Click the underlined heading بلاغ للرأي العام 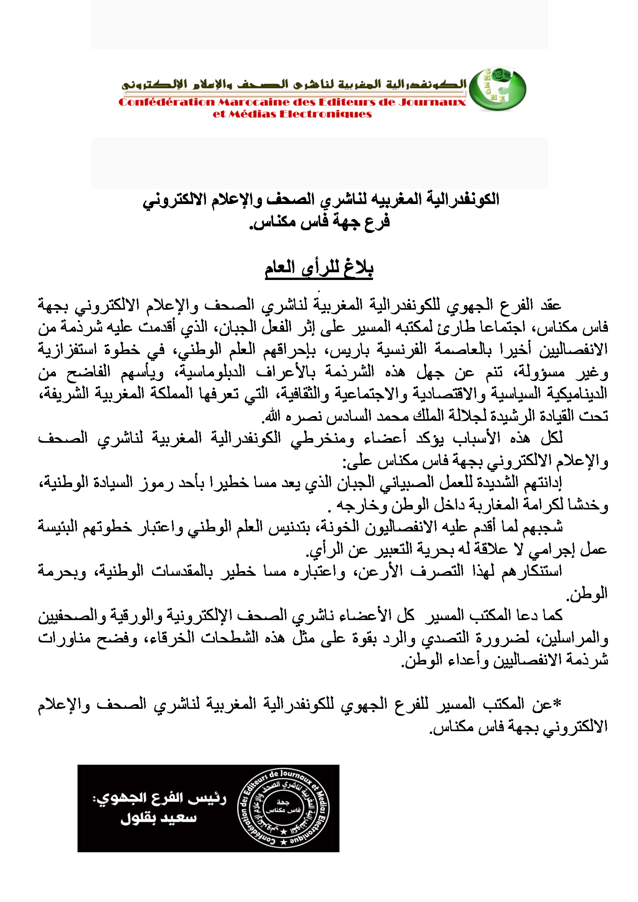pos(319,269)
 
